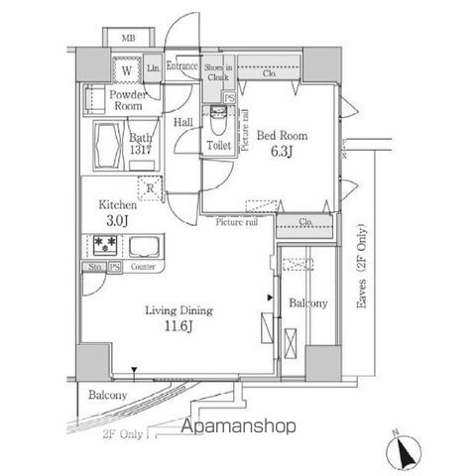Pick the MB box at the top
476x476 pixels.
[x=128, y=39]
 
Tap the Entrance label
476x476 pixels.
[x=182, y=66]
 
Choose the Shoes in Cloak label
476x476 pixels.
[x=218, y=70]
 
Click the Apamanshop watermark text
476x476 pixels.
[x=238, y=427]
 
